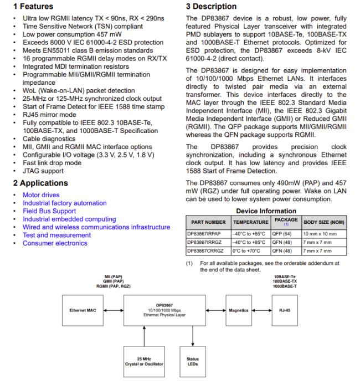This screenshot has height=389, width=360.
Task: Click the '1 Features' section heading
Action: pos(33,7)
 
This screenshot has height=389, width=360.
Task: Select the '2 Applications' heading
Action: pos(40,183)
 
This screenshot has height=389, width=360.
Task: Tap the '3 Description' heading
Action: pos(214,7)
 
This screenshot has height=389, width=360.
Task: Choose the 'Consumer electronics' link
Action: pos(55,243)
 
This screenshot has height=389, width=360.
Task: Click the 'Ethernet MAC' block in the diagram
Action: pos(83,310)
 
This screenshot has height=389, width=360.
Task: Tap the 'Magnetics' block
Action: pos(239,310)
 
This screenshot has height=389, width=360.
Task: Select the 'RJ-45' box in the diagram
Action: pos(285,310)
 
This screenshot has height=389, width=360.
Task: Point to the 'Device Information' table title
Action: pos(266,211)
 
